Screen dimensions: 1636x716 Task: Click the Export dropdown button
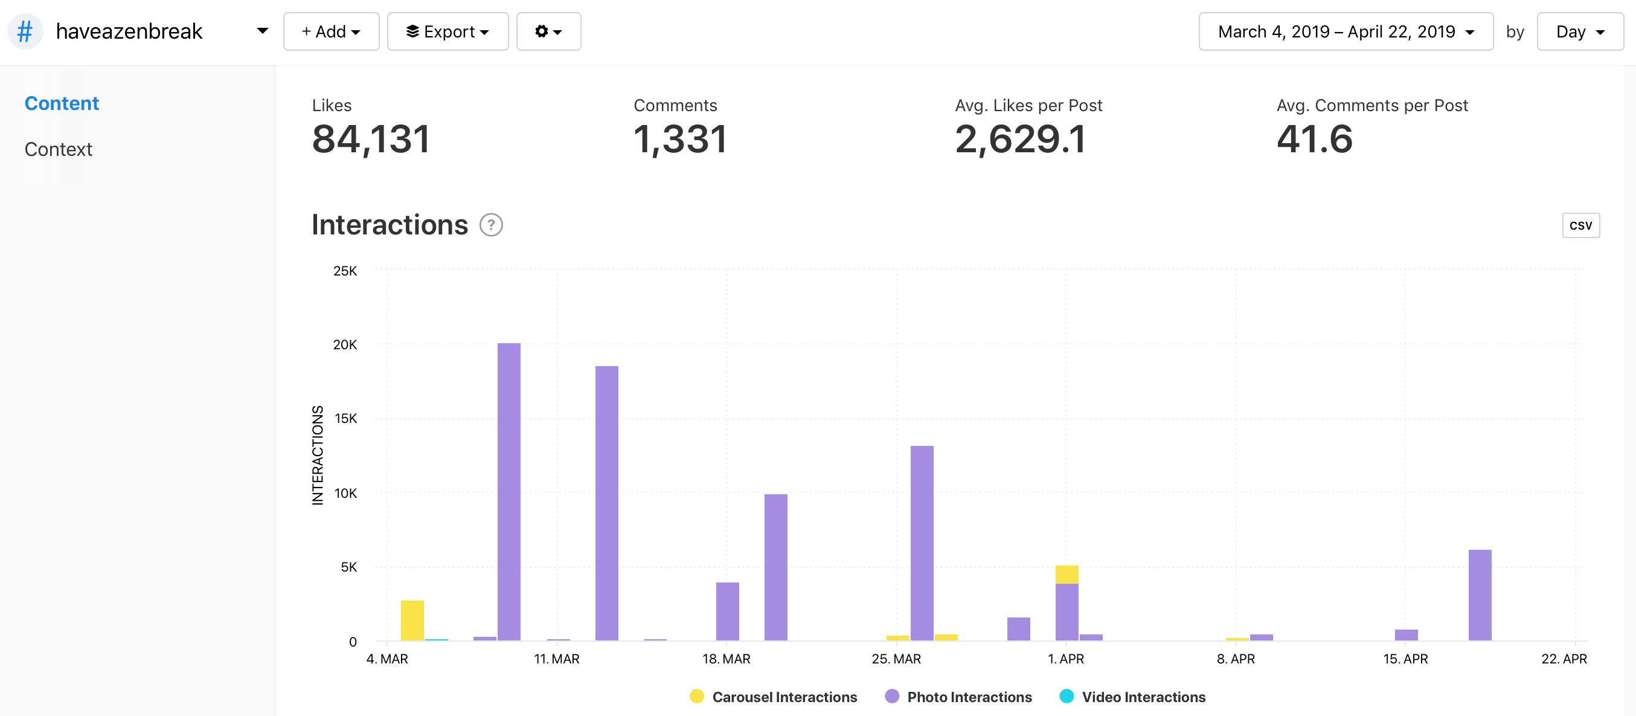[x=447, y=31]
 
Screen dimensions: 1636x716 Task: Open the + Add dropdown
[x=331, y=31]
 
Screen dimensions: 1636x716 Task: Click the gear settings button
[x=548, y=31]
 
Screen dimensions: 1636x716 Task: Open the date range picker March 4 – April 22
[x=1346, y=31]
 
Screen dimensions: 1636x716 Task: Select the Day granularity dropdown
[x=1579, y=31]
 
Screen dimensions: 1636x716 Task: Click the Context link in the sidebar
[x=59, y=149]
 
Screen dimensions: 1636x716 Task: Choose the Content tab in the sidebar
[x=62, y=103]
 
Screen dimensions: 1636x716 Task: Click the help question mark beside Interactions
[x=491, y=225]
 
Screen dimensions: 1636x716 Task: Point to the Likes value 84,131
[x=371, y=139]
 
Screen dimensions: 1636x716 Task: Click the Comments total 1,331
[x=680, y=139]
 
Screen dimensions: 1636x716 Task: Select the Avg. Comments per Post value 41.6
[x=1315, y=139]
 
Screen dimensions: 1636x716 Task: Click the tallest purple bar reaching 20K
[x=508, y=492]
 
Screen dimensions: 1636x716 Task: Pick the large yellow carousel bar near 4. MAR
[x=412, y=620]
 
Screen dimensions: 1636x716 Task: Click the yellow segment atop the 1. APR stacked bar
[x=1067, y=575]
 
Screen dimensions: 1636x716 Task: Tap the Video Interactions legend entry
[x=1132, y=697]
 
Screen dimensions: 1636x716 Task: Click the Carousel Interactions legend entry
[x=773, y=697]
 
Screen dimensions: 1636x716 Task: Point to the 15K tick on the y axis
[x=345, y=418]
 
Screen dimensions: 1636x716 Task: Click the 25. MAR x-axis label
[x=896, y=659]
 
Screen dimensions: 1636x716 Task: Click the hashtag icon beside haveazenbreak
[x=25, y=31]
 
